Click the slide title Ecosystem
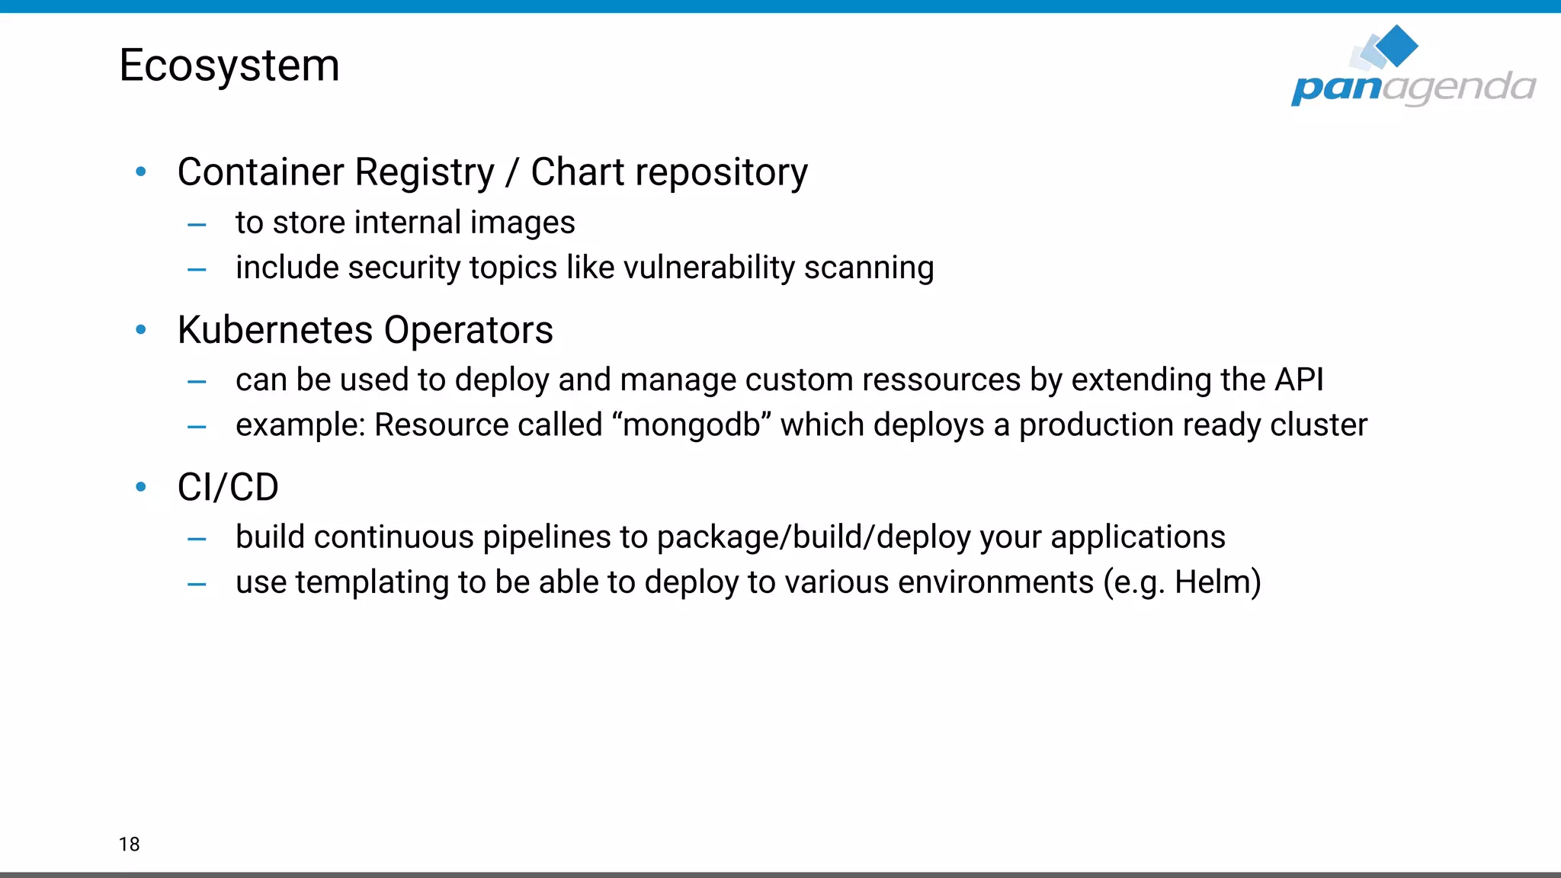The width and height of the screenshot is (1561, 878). tap(229, 66)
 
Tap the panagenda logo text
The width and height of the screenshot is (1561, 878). tap(1412, 88)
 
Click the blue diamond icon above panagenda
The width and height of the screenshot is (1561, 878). tap(1396, 45)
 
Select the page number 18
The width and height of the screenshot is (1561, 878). tap(129, 844)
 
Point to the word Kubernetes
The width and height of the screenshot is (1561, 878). tap(275, 330)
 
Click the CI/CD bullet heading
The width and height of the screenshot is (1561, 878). tap(228, 487)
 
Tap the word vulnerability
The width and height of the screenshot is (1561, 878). tap(709, 268)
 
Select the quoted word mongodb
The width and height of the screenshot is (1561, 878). tap(691, 425)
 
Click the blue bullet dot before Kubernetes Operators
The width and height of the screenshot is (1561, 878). tap(141, 330)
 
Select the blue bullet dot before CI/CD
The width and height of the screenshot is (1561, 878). tap(141, 487)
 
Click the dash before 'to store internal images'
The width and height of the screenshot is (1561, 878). tap(197, 225)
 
